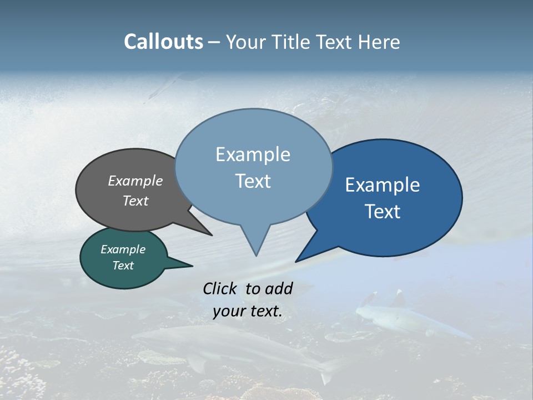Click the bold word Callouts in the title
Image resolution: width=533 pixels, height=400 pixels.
coord(163,42)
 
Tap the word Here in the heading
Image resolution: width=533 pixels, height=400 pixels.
coord(379,42)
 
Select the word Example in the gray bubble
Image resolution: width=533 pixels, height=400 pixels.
coord(135,181)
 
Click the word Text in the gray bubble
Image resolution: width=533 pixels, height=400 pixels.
coord(135,201)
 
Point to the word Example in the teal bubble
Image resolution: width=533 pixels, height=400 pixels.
coord(123,249)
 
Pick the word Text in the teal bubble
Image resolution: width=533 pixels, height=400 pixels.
coord(123,266)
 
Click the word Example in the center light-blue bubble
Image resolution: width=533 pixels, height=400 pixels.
coord(253,154)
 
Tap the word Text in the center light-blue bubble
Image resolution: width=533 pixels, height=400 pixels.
coord(253,181)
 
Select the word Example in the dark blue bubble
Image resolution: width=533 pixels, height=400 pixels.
coord(383,185)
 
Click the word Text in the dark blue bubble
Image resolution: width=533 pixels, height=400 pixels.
coord(383,212)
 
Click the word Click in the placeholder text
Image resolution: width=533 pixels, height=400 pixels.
coord(220,288)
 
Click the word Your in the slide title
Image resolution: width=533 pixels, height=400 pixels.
coord(245,42)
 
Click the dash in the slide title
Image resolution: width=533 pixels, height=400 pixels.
coord(215,42)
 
